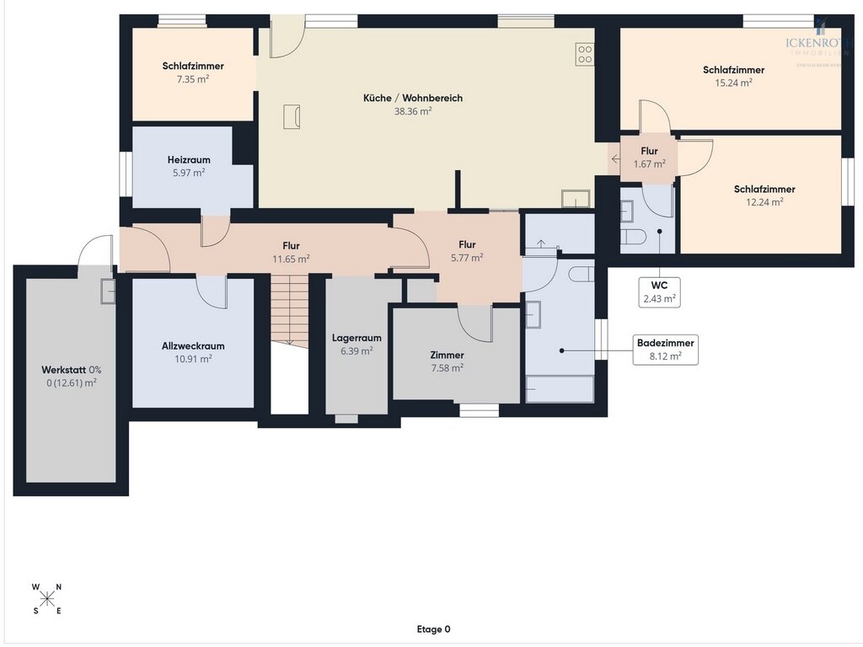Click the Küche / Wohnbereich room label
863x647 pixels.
pyautogui.click(x=413, y=99)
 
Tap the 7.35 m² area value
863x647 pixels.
pyautogui.click(x=193, y=78)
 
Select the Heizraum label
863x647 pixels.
pyautogui.click(x=189, y=159)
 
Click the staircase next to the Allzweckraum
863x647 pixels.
pyautogui.click(x=289, y=311)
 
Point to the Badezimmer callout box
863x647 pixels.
pyautogui.click(x=666, y=350)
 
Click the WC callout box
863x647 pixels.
pyautogui.click(x=659, y=291)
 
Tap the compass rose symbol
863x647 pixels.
pyautogui.click(x=47, y=599)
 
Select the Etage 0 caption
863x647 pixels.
pyautogui.click(x=433, y=629)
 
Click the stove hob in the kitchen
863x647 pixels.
pyautogui.click(x=585, y=54)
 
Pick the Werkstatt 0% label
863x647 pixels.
pyautogui.click(x=71, y=370)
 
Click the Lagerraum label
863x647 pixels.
pyautogui.click(x=356, y=338)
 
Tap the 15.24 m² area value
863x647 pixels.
pyautogui.click(x=733, y=83)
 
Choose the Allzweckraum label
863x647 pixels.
pyautogui.click(x=193, y=346)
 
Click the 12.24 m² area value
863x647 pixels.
pyautogui.click(x=764, y=202)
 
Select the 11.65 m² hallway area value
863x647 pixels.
pyautogui.click(x=292, y=259)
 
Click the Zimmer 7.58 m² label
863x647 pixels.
pyautogui.click(x=447, y=361)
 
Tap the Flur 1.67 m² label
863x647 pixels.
pyautogui.click(x=649, y=158)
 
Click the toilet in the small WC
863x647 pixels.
pyautogui.click(x=634, y=235)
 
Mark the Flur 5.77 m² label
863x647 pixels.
pyautogui.click(x=467, y=251)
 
